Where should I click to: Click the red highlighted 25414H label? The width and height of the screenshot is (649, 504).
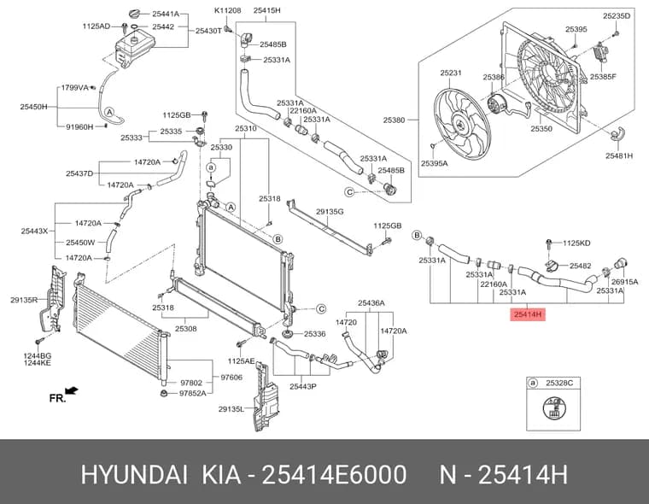click(x=528, y=314)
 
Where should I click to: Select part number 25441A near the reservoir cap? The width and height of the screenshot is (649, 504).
click(x=166, y=14)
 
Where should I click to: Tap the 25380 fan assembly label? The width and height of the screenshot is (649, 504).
click(x=394, y=120)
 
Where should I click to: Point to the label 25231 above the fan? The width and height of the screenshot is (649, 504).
click(x=451, y=73)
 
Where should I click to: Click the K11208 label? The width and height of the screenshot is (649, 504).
click(x=228, y=10)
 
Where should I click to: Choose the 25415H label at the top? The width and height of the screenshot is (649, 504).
click(x=267, y=10)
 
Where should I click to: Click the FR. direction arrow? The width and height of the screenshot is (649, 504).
click(x=72, y=390)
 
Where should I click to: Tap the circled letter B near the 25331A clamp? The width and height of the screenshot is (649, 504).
click(x=417, y=236)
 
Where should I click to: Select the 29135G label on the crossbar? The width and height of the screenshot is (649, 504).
click(x=330, y=212)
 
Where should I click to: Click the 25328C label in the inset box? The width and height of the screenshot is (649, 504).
click(x=559, y=383)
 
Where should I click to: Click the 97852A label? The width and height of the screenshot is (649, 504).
click(x=192, y=393)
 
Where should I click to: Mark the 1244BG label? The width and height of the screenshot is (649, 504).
click(x=38, y=355)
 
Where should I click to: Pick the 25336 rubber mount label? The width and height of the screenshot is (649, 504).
click(x=314, y=334)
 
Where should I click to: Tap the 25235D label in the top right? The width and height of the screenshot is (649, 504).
click(x=617, y=15)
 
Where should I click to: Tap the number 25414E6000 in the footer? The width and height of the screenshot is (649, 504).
click(x=335, y=475)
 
